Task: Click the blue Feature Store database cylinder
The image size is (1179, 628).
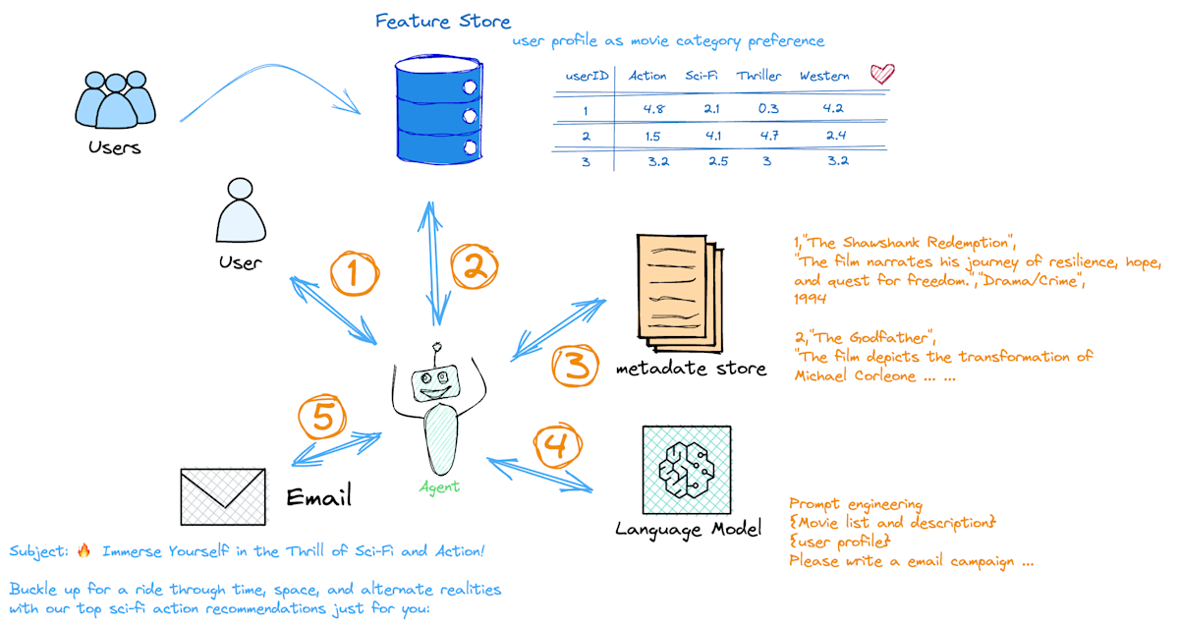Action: click(x=439, y=109)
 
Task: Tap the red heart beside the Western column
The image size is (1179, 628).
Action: click(x=882, y=74)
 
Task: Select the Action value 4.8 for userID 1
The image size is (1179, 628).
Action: click(x=653, y=109)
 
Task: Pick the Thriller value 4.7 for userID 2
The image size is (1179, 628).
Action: click(x=769, y=136)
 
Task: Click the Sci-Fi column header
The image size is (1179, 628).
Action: click(x=702, y=76)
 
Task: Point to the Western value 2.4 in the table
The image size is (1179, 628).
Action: click(x=836, y=136)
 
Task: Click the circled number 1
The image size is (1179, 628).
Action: click(x=355, y=273)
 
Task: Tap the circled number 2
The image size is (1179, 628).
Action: click(x=475, y=266)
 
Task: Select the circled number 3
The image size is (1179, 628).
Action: click(x=576, y=366)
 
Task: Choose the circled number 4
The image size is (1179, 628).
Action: click(x=557, y=445)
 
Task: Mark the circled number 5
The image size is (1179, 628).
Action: click(x=322, y=417)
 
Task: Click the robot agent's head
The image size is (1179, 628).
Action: click(x=435, y=382)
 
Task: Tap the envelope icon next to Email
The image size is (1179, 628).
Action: click(x=223, y=496)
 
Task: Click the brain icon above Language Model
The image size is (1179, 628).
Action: click(x=687, y=470)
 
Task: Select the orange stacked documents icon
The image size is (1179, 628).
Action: click(x=680, y=293)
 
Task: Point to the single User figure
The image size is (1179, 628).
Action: click(x=241, y=210)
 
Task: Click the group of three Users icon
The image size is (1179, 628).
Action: click(x=115, y=99)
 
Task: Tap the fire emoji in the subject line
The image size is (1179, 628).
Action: click(x=84, y=550)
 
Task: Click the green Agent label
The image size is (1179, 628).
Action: click(x=439, y=486)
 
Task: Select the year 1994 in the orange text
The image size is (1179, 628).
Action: click(x=810, y=299)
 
